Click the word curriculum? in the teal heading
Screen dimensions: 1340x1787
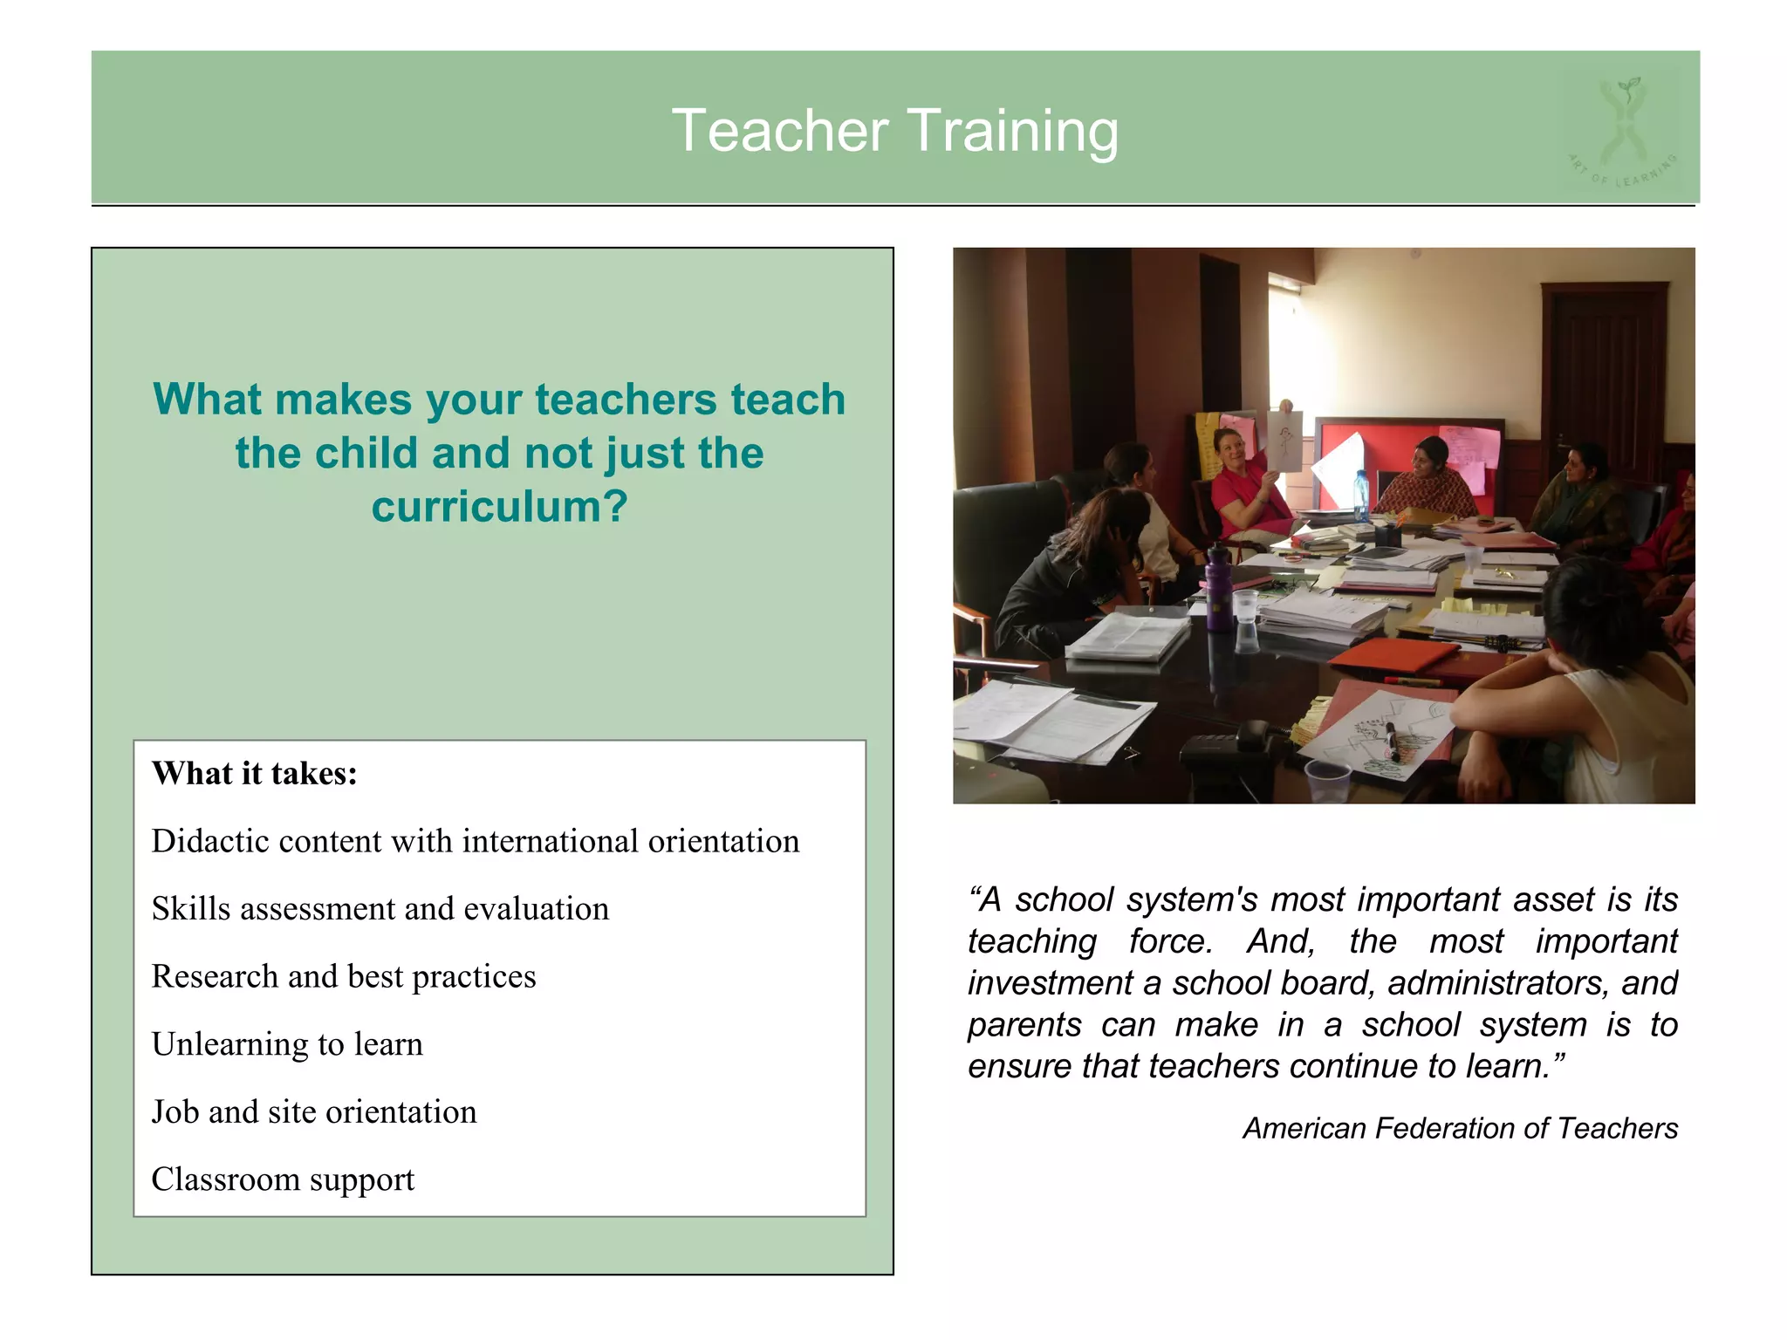tap(499, 507)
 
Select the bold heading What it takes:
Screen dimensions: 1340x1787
tap(255, 774)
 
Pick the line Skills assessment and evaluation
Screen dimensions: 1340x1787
tap(380, 909)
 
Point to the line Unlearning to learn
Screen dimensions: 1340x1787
tap(287, 1044)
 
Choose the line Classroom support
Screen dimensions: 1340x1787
tap(283, 1179)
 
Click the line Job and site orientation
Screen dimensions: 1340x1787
tap(314, 1112)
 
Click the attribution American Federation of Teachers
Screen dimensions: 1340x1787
tap(1460, 1128)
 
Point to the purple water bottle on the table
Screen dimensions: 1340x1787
tap(1218, 591)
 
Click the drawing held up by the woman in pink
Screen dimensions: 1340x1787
tap(1284, 441)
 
